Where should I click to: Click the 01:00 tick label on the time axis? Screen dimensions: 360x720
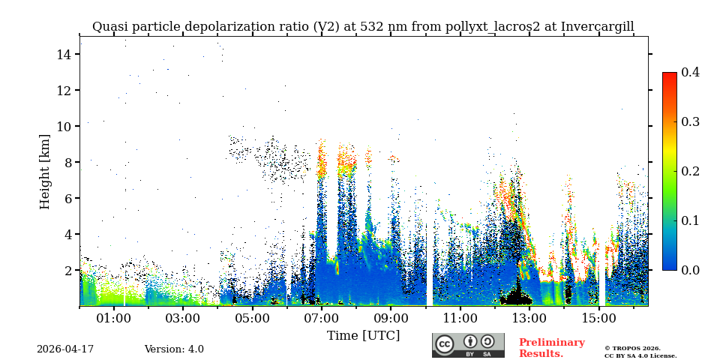click(114, 318)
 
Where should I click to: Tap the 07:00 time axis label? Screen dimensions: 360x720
click(322, 318)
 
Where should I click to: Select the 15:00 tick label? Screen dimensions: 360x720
click(598, 318)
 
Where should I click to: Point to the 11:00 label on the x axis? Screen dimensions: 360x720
click(460, 318)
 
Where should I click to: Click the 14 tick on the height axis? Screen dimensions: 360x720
click(63, 55)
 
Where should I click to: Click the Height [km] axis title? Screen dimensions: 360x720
click(45, 171)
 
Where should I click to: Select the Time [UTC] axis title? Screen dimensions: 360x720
click(363, 336)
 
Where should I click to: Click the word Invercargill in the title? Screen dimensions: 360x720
click(597, 27)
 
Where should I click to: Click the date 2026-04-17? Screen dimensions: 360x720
click(65, 349)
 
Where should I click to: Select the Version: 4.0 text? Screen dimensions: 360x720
click(174, 349)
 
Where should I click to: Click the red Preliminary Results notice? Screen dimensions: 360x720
click(551, 348)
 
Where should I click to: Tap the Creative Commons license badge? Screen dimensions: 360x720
click(468, 345)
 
